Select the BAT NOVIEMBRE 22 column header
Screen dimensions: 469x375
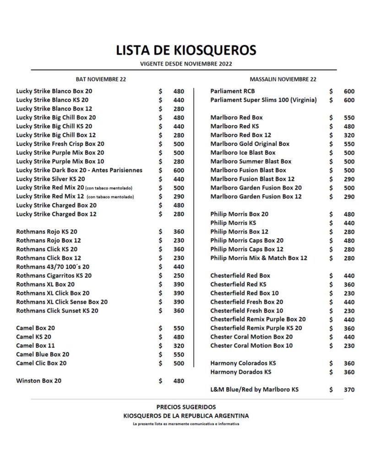click(101, 79)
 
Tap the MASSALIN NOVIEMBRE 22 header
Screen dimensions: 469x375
click(283, 79)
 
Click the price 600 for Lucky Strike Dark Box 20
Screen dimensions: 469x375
click(178, 170)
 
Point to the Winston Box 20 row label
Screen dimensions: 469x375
click(38, 381)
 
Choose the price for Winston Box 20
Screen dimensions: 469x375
click(178, 381)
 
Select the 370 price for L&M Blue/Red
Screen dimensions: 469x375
click(349, 390)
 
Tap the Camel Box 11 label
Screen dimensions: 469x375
click(35, 346)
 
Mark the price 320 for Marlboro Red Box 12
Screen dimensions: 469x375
click(349, 135)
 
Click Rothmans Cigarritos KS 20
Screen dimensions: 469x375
click(54, 276)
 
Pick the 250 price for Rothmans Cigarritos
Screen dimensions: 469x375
click(178, 276)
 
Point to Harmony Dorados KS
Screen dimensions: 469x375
click(240, 372)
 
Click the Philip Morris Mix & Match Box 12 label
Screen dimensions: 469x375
click(259, 258)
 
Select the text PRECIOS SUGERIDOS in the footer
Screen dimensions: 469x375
click(186, 407)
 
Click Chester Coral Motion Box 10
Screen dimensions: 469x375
click(251, 346)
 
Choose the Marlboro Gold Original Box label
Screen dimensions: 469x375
click(250, 144)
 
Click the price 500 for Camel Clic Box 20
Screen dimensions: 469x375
click(178, 364)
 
